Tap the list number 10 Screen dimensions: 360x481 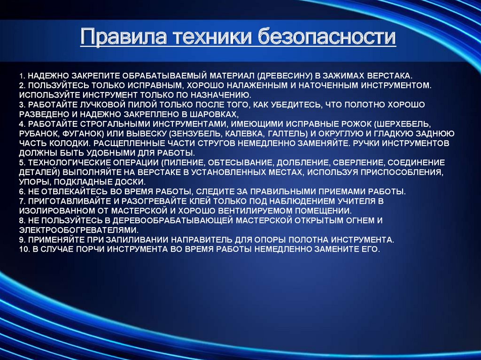pos(23,249)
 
